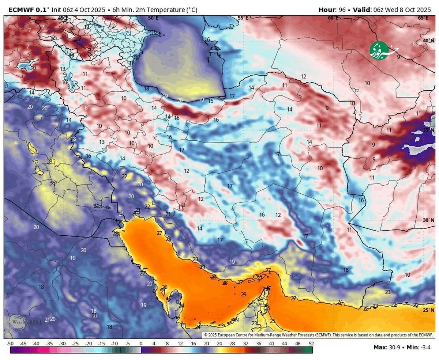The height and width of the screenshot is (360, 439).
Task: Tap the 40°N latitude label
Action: click(428, 41)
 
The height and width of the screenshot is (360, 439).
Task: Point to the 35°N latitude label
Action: click(428, 130)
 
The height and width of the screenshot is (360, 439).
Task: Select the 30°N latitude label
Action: click(428, 220)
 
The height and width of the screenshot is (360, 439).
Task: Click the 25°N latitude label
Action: click(428, 310)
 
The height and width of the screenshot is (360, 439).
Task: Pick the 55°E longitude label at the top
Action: click(243, 18)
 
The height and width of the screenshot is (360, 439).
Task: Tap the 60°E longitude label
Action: click(333, 18)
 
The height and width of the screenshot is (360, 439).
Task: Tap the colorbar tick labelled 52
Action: click(311, 344)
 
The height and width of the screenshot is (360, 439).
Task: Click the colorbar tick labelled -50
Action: click(10, 344)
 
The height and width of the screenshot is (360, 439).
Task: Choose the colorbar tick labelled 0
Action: click(141, 344)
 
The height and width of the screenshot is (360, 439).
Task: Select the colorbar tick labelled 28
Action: click(232, 344)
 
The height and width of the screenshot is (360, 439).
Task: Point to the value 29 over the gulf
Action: click(244, 294)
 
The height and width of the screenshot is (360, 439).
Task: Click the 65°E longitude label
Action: click(423, 18)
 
